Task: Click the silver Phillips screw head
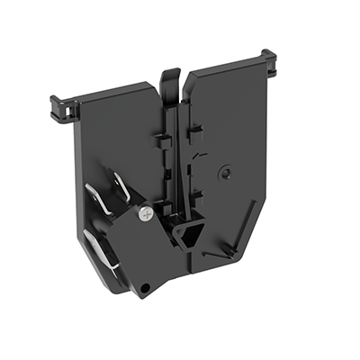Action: pyautogui.click(x=146, y=213)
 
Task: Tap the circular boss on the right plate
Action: pyautogui.click(x=231, y=168)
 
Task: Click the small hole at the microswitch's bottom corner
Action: pyautogui.click(x=144, y=288)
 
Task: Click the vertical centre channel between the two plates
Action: pyautogui.click(x=179, y=162)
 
